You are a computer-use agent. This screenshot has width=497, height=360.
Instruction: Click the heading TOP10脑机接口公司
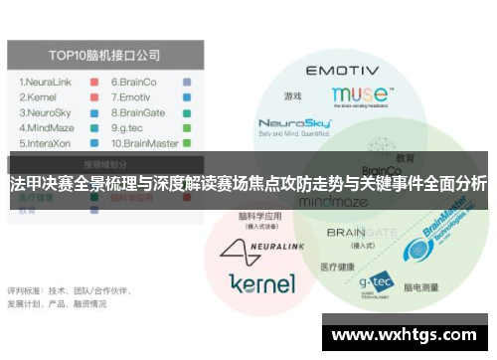click(x=106, y=55)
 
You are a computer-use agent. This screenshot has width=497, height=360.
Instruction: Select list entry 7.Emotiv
click(x=134, y=97)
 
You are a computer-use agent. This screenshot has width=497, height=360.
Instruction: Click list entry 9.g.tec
click(x=132, y=129)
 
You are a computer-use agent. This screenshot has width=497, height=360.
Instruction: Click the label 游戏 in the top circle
click(x=292, y=96)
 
